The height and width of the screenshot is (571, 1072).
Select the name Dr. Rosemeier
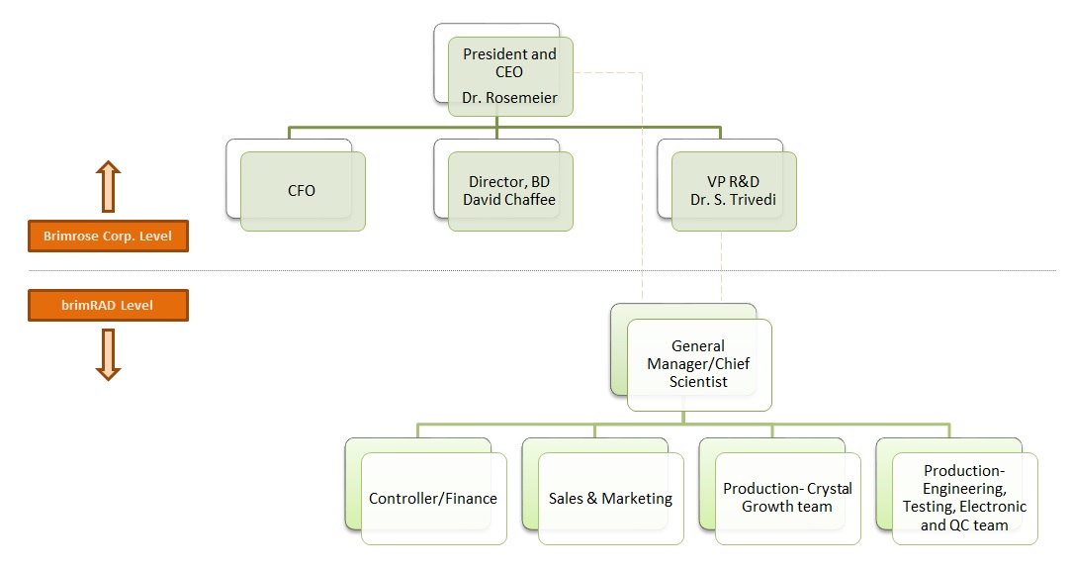pos(509,98)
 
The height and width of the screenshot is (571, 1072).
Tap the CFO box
pos(302,190)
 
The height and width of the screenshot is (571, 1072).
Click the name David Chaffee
pos(509,200)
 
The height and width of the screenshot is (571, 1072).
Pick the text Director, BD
pos(509,182)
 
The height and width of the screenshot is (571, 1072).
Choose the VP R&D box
pos(733,190)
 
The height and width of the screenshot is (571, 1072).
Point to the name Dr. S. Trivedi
pos(733,200)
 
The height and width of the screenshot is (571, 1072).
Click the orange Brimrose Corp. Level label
pos(108,237)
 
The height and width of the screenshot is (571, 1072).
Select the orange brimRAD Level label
pos(108,306)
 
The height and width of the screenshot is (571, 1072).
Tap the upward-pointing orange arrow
pos(108,187)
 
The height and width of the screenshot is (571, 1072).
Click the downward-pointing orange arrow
pos(108,354)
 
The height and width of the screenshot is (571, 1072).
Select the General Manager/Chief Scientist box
pos(698,364)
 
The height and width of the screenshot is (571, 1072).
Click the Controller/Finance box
pos(433,499)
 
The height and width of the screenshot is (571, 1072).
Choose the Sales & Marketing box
pos(610,499)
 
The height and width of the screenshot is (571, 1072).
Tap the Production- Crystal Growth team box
pos(787,498)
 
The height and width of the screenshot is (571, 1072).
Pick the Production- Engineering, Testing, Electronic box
pos(964,498)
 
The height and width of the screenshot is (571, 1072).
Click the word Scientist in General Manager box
pos(698,382)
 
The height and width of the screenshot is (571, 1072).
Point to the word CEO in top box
pos(509,72)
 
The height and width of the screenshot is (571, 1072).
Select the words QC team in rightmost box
pos(977,525)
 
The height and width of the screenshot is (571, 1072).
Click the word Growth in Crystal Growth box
pos(767,507)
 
